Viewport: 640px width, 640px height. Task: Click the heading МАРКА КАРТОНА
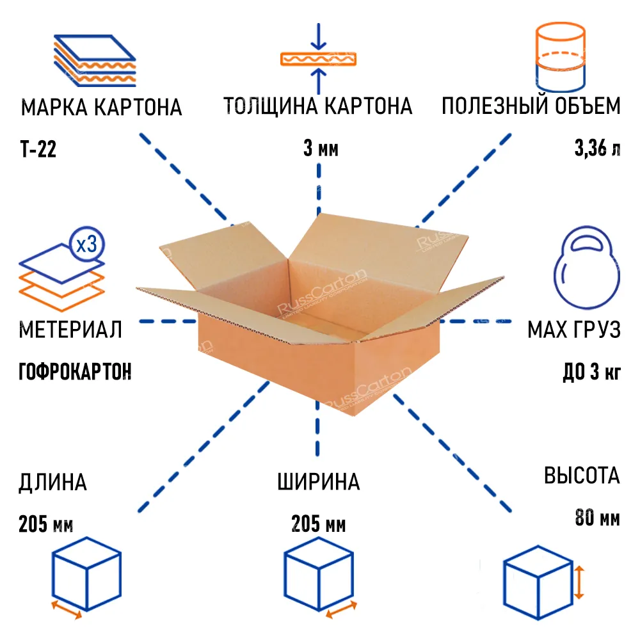(x=102, y=107)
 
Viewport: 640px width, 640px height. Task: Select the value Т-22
(x=38, y=150)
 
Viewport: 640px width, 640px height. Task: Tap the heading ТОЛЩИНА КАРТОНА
(x=317, y=106)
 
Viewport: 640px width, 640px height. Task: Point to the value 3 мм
(x=320, y=150)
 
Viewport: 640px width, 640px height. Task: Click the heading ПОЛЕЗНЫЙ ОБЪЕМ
(x=531, y=106)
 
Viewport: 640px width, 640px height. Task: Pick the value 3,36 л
(x=597, y=150)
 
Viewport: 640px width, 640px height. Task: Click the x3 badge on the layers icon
(x=86, y=244)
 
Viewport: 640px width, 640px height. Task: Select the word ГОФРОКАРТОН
(x=76, y=371)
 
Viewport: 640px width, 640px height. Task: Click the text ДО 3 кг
(x=591, y=372)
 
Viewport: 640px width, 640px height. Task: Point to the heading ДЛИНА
(x=53, y=482)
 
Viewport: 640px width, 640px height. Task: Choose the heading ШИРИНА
(x=319, y=482)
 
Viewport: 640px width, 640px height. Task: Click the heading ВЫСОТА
(x=582, y=476)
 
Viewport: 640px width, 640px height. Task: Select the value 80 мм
(x=597, y=518)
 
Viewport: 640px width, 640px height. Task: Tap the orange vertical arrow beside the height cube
(x=580, y=582)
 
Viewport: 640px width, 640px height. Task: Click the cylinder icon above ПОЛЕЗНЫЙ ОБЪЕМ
(x=559, y=58)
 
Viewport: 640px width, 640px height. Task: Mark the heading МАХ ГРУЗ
(x=573, y=330)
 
